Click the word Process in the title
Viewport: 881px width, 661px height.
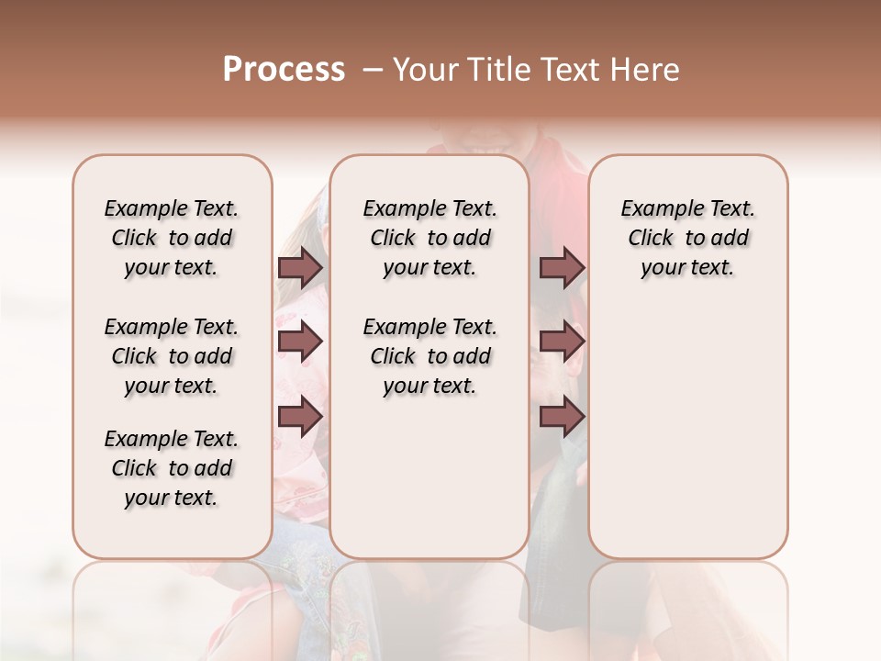[x=284, y=70]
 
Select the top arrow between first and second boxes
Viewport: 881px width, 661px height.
[x=300, y=267]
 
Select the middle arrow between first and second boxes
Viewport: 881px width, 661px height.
[x=300, y=342]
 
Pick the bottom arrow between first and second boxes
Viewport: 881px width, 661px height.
[x=300, y=417]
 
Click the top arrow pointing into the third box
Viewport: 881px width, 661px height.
[x=562, y=267]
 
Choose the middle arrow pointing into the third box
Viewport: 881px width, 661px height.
[x=562, y=342]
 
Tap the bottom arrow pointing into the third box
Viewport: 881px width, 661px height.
[x=562, y=417]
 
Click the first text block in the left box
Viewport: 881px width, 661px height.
[x=172, y=238]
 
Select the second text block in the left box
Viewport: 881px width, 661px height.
[x=172, y=356]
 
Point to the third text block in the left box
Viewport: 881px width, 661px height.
[x=172, y=468]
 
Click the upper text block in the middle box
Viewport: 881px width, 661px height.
[x=429, y=238]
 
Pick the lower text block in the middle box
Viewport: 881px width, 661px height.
[x=429, y=356]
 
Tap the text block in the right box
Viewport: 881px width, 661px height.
[x=687, y=238]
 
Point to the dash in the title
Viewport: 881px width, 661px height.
[x=372, y=70]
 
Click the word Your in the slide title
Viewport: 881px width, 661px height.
[x=425, y=70]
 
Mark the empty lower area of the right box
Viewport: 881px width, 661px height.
[x=687, y=431]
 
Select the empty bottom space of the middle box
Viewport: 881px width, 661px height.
[x=429, y=487]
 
